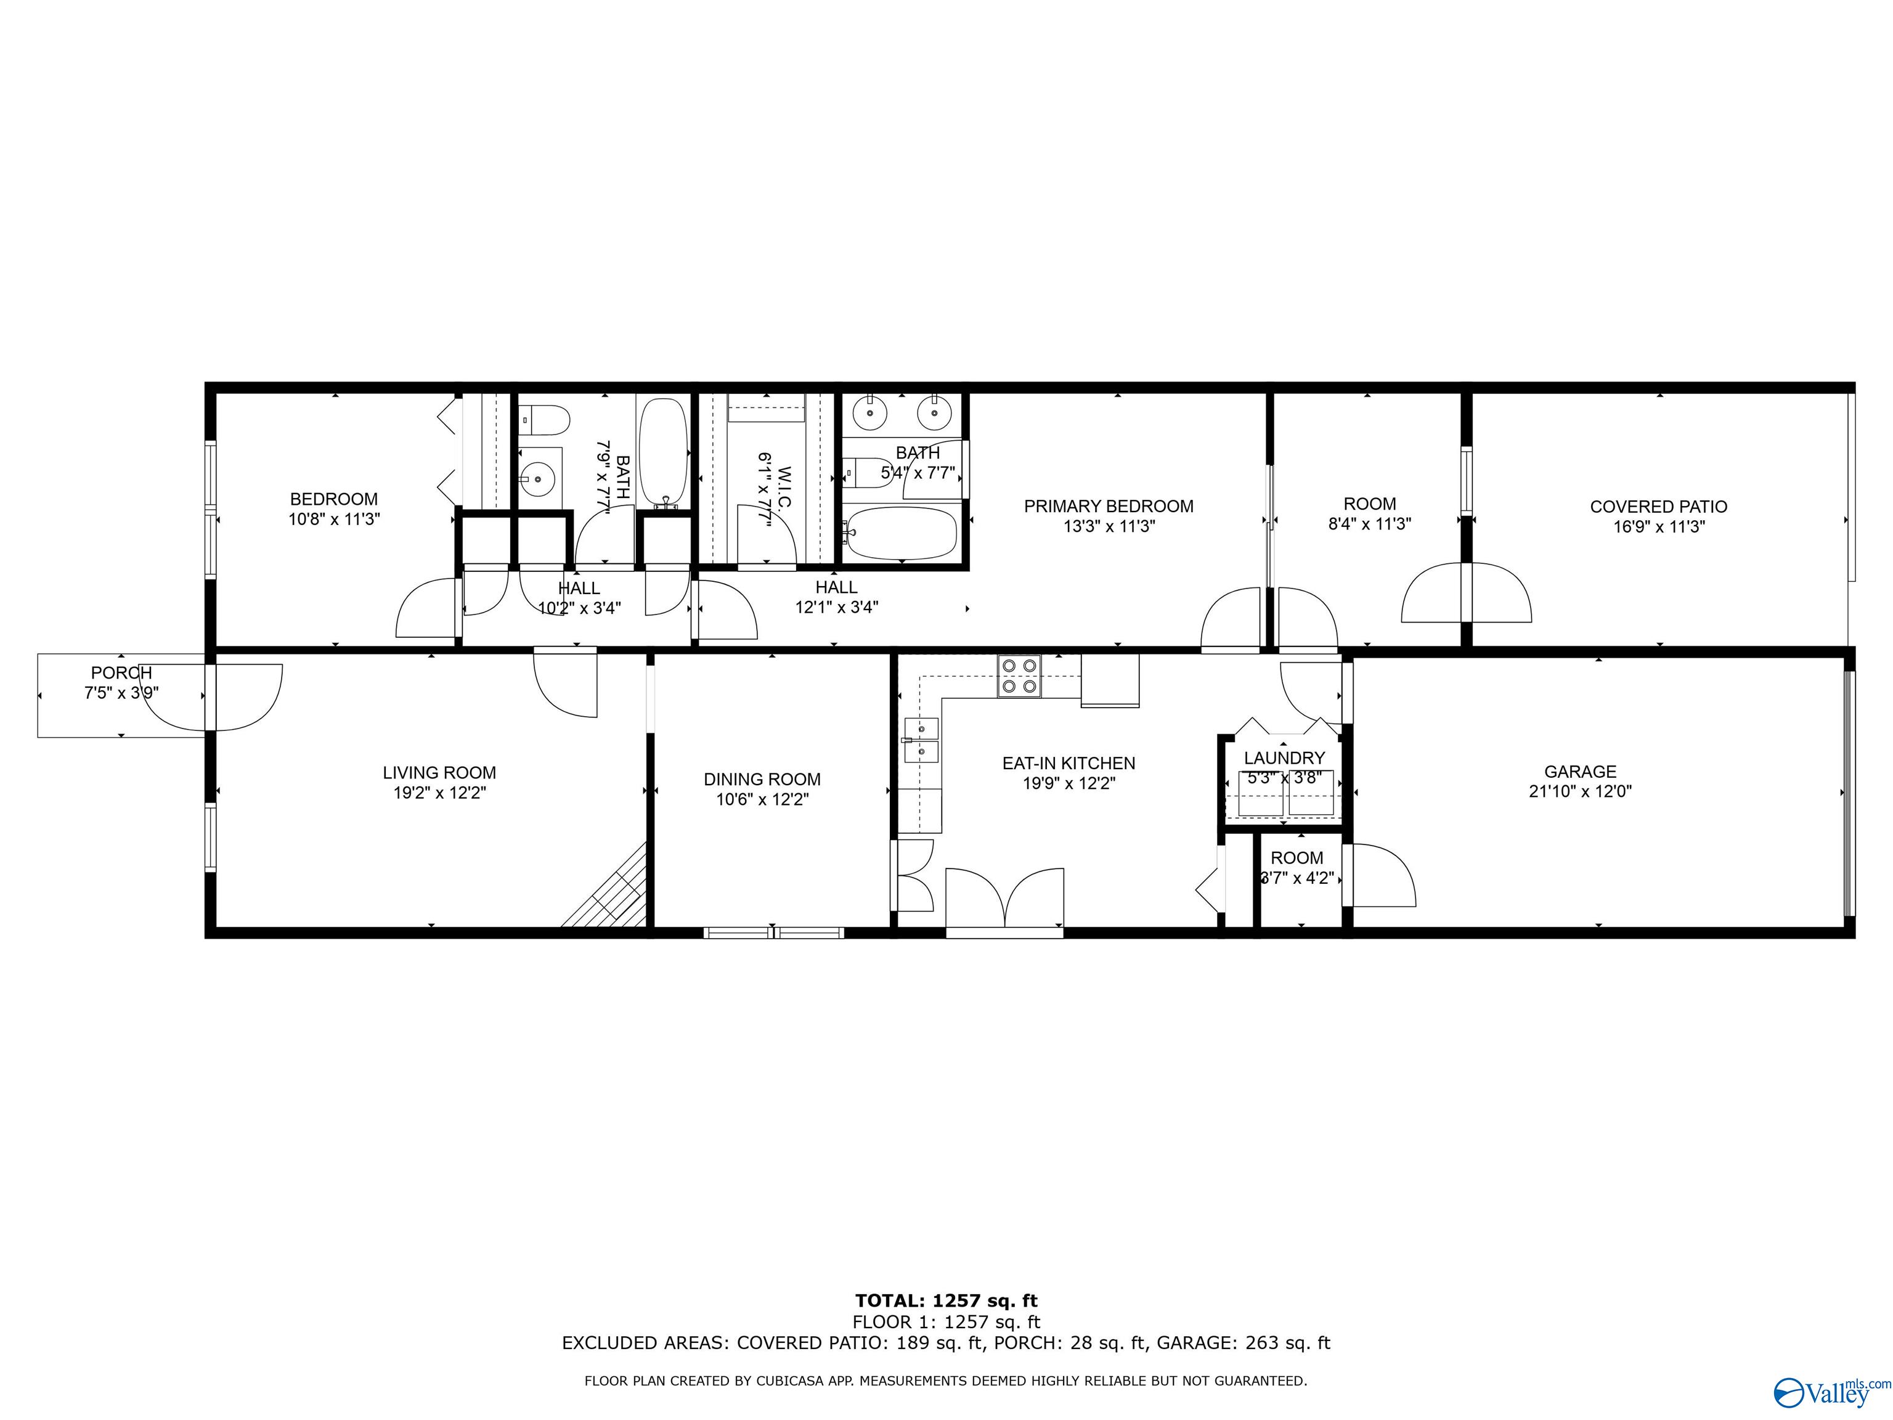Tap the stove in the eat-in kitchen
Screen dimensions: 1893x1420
(1019, 676)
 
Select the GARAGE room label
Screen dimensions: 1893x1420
(1580, 771)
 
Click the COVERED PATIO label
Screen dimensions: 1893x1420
(1658, 507)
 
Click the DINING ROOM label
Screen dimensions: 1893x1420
(762, 779)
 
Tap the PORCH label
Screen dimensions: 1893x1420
(121, 673)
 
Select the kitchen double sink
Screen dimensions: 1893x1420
(922, 740)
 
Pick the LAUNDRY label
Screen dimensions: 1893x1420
(1284, 757)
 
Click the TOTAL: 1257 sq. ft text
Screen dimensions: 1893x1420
(946, 1301)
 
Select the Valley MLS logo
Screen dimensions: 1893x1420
(1831, 1393)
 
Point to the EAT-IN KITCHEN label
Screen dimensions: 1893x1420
(1069, 762)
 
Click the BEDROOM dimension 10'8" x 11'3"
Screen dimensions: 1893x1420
(334, 519)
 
